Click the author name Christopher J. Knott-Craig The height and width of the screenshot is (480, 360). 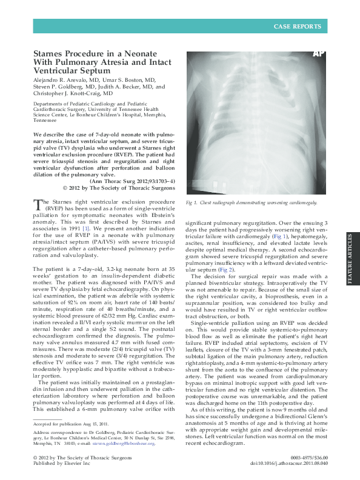[x=65, y=94]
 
